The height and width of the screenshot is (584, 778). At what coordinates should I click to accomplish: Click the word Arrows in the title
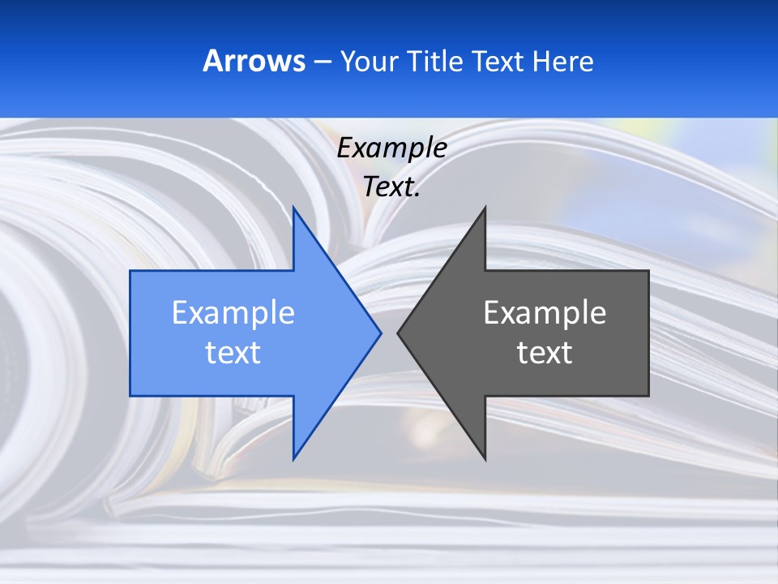click(254, 61)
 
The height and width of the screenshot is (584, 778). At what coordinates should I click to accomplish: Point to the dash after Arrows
click(322, 62)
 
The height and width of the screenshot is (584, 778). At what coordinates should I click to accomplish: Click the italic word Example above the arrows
click(391, 148)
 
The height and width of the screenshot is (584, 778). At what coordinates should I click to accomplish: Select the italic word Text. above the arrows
click(391, 187)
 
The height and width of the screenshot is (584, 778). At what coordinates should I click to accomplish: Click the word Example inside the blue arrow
click(233, 313)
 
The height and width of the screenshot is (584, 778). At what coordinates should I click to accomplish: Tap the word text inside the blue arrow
click(233, 353)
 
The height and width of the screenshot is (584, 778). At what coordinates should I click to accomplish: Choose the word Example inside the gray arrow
click(545, 313)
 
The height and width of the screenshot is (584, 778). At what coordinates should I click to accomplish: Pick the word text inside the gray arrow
click(545, 353)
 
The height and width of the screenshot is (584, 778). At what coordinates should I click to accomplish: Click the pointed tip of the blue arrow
click(380, 333)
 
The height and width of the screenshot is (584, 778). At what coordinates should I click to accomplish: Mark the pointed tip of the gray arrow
click(398, 333)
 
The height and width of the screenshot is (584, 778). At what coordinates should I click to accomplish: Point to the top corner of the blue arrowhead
click(293, 207)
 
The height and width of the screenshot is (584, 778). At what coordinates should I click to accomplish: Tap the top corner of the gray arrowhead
click(485, 207)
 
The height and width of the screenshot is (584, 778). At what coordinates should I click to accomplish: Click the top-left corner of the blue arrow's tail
click(130, 271)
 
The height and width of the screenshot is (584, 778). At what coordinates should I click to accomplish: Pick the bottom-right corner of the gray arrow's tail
click(648, 396)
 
